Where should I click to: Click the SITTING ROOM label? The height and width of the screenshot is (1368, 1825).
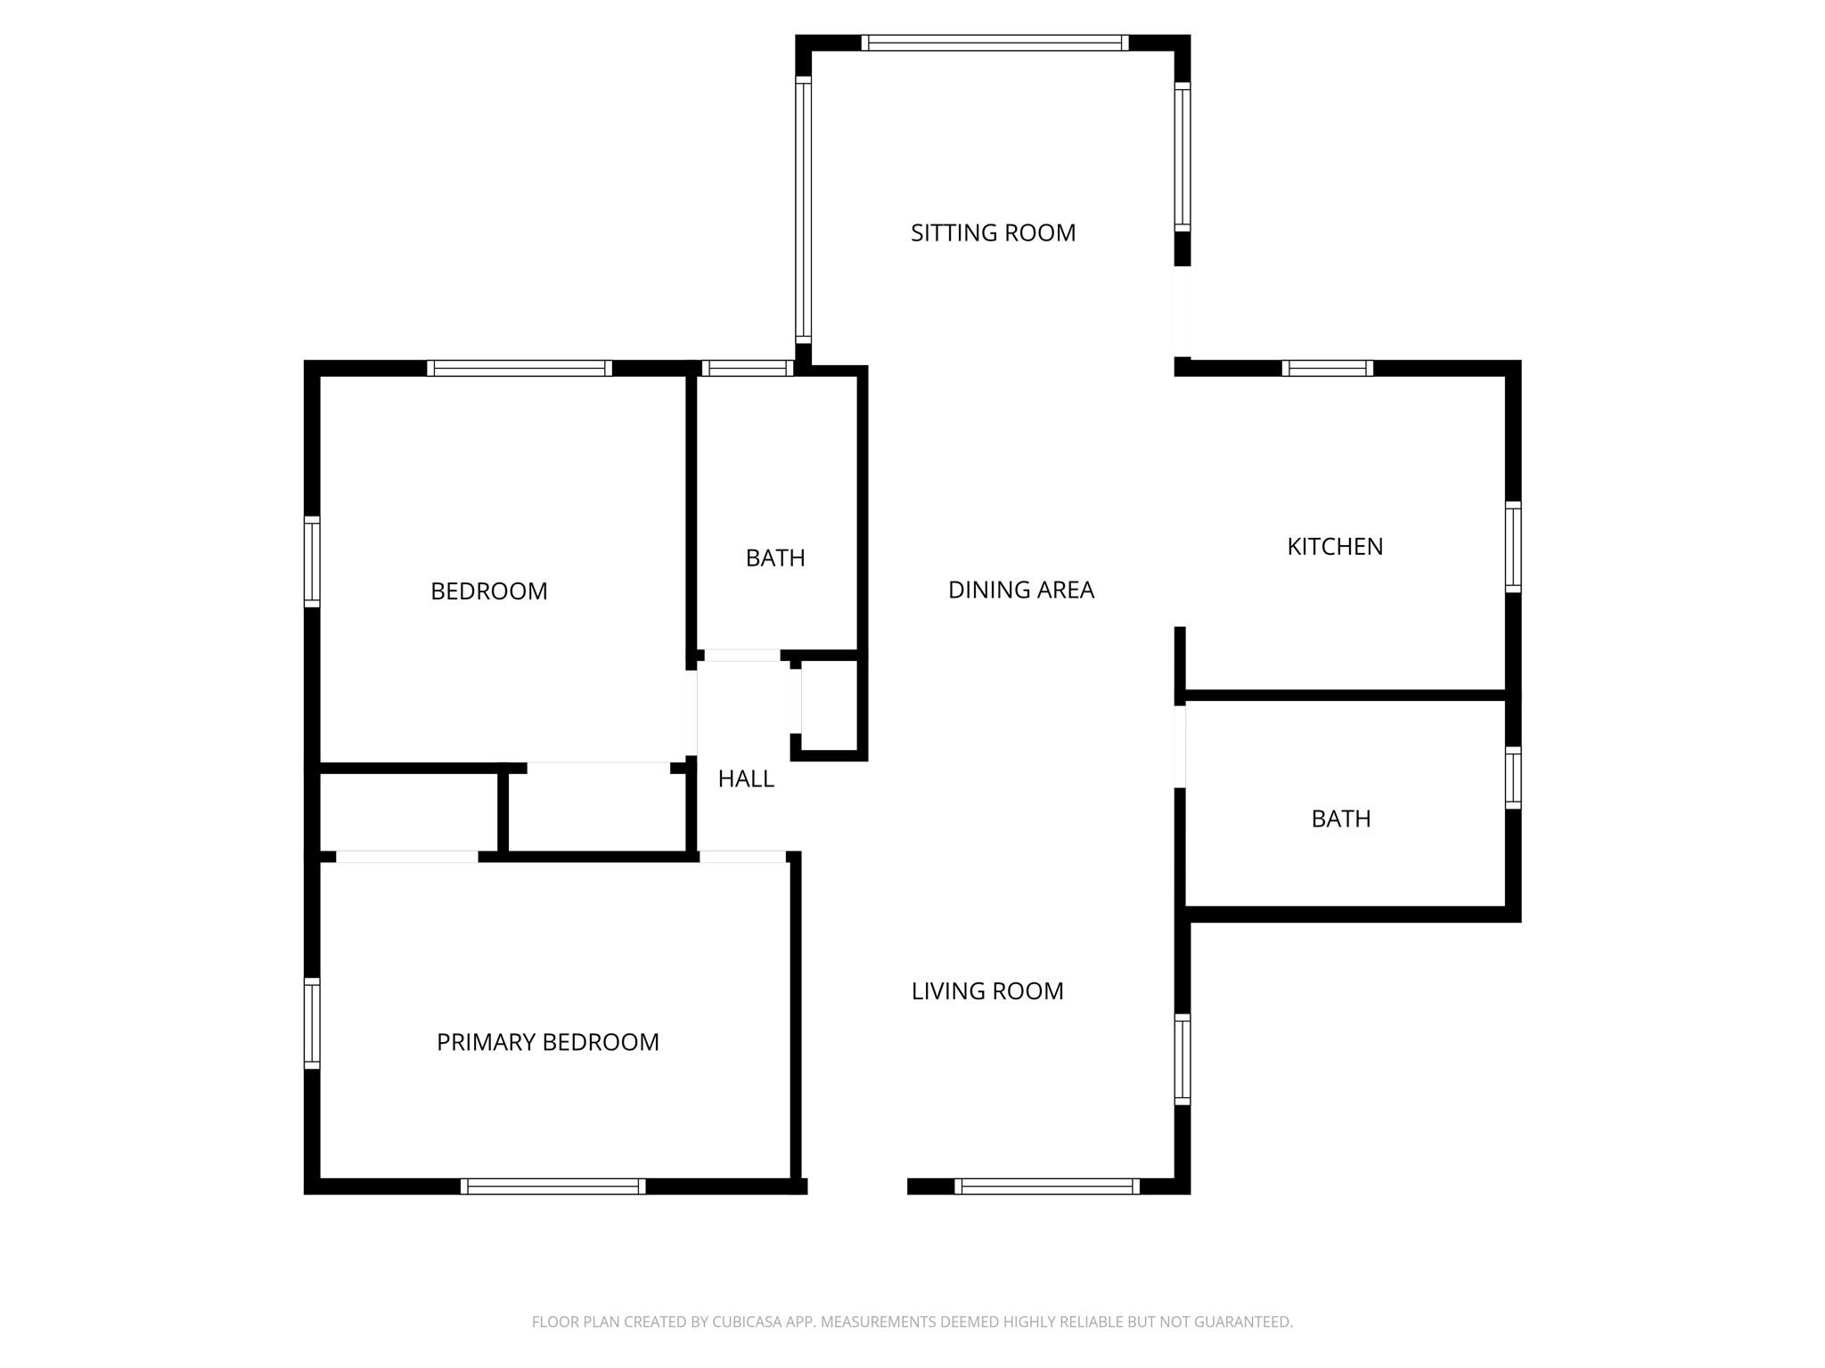point(993,233)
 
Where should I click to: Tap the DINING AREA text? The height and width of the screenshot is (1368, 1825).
point(1020,590)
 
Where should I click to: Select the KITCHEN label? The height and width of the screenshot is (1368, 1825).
point(1335,547)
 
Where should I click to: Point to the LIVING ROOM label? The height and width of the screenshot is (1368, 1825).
point(987,991)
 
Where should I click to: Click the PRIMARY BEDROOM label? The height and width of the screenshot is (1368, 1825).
point(547,1042)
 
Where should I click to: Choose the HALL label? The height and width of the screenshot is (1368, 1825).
point(746,779)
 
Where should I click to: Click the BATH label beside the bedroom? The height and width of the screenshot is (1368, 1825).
point(775,558)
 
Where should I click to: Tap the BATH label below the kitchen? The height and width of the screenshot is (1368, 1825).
point(1340,819)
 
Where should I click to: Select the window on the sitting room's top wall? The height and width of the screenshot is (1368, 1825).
point(994,43)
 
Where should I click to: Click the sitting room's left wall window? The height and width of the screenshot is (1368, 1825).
point(803,210)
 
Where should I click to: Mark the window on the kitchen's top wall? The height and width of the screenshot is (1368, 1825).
point(1327,369)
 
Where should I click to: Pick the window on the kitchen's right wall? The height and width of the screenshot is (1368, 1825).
point(1513,547)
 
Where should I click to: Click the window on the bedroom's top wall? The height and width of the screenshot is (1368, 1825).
point(520,369)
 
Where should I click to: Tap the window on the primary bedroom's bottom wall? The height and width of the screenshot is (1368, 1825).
point(552,1186)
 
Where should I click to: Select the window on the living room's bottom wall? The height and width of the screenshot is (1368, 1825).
point(1047,1186)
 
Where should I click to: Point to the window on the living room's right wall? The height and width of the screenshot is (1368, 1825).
point(1183,1059)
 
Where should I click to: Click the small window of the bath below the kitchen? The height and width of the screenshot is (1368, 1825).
point(1513,778)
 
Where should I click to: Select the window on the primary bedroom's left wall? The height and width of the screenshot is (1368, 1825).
point(312,1023)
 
